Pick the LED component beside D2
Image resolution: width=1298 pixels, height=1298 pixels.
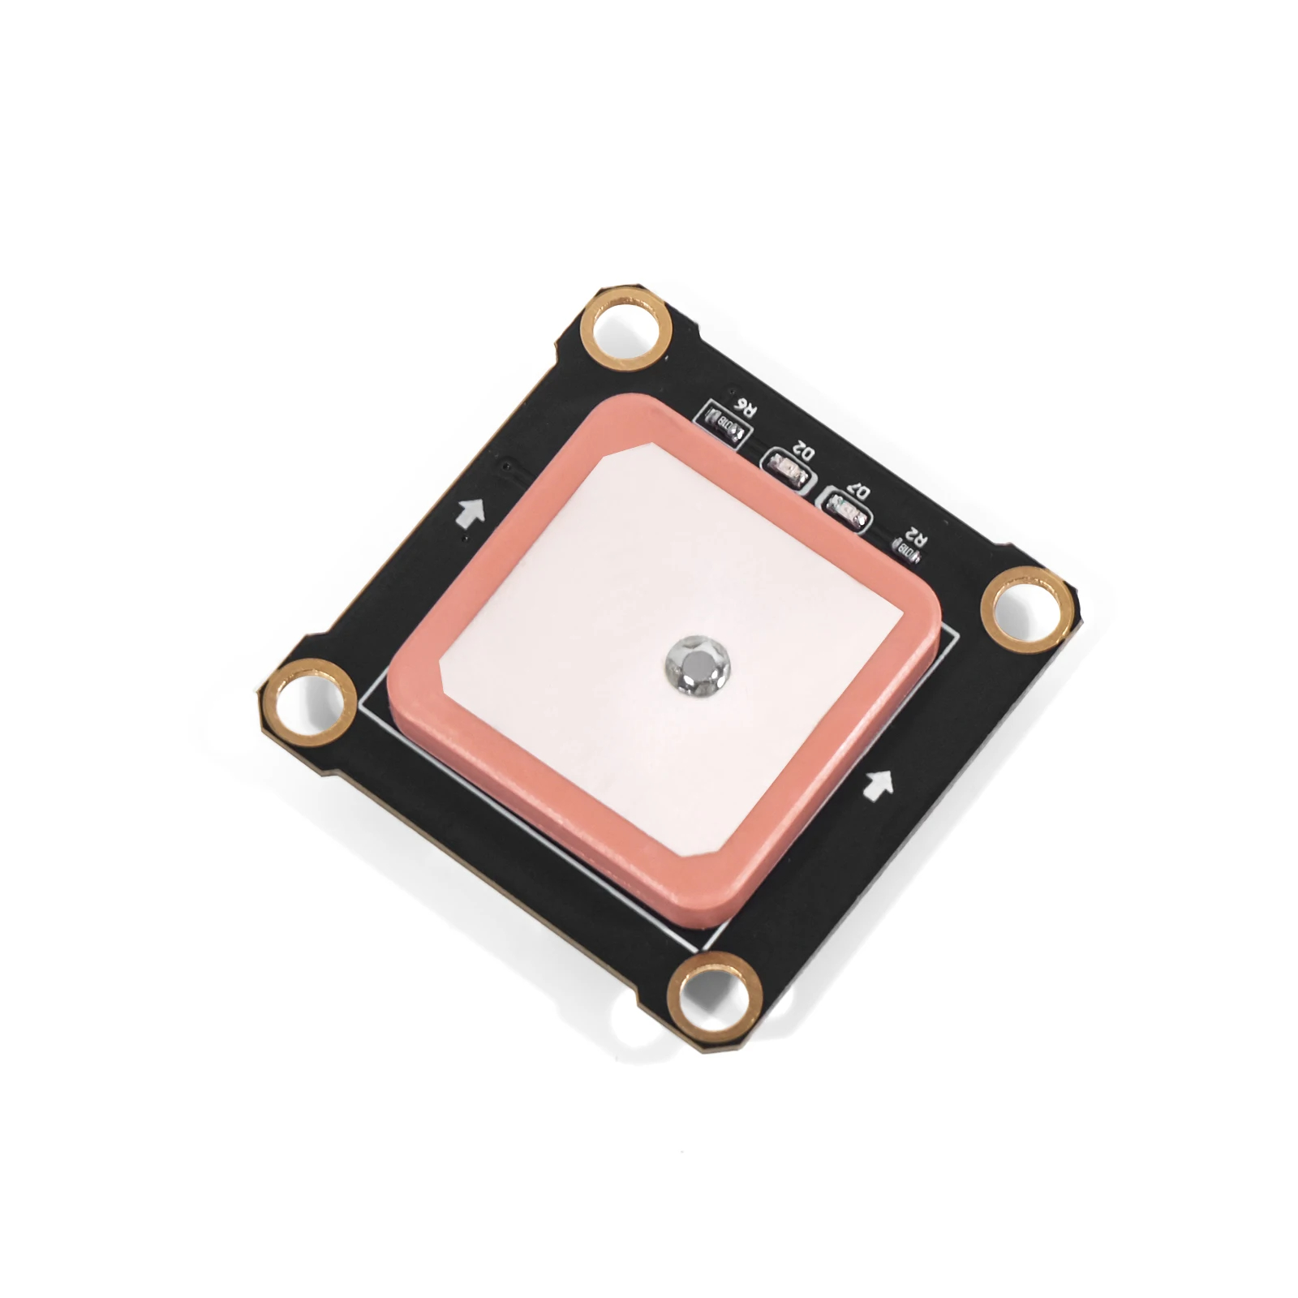click(x=786, y=469)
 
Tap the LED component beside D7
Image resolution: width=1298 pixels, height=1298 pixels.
click(x=844, y=513)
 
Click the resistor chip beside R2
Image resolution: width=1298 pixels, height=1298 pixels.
click(x=907, y=553)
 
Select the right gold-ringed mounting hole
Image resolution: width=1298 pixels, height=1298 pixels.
click(x=1025, y=610)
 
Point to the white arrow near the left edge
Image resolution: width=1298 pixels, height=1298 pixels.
click(x=471, y=512)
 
